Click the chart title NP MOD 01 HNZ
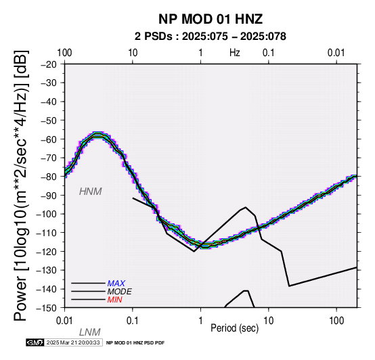click(211, 19)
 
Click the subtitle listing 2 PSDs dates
click(211, 37)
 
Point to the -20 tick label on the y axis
click(49, 64)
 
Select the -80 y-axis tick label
click(49, 177)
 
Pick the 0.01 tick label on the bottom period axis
click(64, 321)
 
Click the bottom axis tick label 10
click(269, 321)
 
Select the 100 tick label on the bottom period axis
click(336, 321)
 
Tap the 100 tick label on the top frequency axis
click(64, 53)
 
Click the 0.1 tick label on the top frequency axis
click(269, 53)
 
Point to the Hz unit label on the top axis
click(235, 53)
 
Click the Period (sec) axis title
click(235, 328)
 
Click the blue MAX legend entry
click(116, 284)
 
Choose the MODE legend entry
click(119, 292)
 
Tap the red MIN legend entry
click(115, 300)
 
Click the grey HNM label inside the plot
click(91, 192)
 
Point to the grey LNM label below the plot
click(89, 332)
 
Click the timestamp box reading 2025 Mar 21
click(74, 342)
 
